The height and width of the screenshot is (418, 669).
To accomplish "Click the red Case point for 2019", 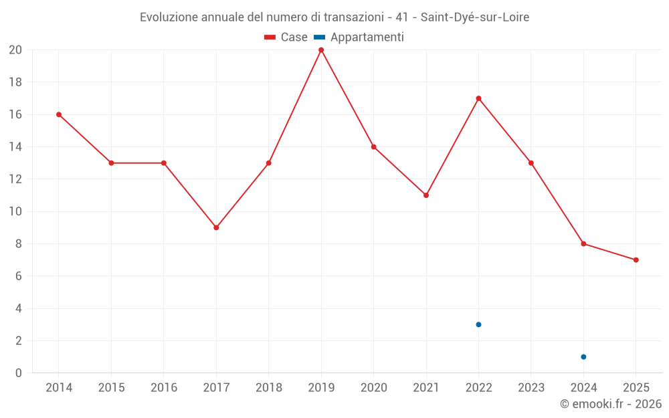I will (321, 50).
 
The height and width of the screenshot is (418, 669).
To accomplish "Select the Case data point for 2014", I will (59, 114).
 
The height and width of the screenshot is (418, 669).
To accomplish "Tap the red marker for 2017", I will (216, 227).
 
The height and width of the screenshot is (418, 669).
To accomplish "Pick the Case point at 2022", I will (478, 98).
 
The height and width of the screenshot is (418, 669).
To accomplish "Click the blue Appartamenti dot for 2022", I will (478, 324).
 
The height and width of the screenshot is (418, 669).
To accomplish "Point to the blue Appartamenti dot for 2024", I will (583, 356).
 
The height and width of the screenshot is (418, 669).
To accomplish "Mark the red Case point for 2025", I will (636, 260).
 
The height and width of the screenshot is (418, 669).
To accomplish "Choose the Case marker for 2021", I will (426, 195).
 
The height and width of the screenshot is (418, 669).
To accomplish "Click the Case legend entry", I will (286, 37).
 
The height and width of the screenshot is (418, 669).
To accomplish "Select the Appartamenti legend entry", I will (359, 37).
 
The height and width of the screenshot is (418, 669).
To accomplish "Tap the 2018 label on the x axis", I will (268, 388).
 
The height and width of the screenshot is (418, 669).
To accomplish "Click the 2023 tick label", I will (531, 388).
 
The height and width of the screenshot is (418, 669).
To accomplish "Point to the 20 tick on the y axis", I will (15, 50).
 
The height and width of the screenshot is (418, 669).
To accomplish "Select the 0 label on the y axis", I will (19, 373).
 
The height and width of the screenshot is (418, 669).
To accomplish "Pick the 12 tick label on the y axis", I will (15, 179).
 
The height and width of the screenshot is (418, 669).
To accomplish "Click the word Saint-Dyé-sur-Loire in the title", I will (475, 17).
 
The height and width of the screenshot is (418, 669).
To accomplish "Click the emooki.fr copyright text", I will (611, 404).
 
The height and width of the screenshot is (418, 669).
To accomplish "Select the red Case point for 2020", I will (373, 147).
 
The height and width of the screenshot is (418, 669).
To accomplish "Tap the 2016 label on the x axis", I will (164, 388).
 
